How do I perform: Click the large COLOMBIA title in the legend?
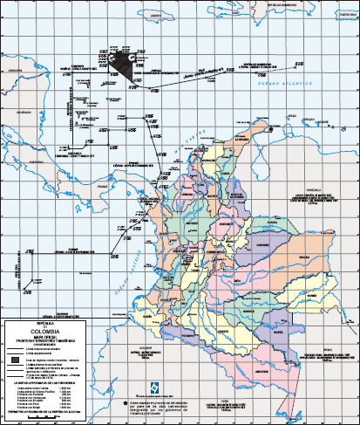tap(46, 332)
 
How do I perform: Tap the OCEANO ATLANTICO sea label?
tap(276, 79)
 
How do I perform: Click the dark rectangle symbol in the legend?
tap(15, 359)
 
